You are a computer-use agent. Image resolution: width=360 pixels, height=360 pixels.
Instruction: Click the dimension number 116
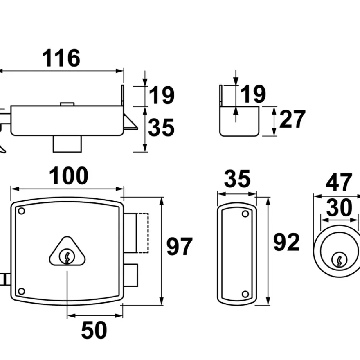[61, 58]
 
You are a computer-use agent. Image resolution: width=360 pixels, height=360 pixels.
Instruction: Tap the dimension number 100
[69, 176]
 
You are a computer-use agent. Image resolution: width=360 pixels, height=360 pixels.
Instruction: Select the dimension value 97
[180, 247]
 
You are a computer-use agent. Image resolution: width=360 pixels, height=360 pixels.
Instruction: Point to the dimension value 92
[286, 242]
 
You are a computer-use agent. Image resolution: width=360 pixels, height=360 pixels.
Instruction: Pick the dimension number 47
[339, 182]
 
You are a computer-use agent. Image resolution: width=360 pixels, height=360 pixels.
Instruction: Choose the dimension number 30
[339, 208]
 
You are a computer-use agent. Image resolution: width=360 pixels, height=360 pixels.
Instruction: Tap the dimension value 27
[292, 119]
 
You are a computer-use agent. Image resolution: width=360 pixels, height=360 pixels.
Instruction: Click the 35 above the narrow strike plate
[237, 179]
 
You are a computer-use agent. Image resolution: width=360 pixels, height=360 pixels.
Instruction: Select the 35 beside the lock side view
[161, 128]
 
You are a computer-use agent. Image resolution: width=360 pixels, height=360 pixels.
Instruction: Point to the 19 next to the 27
[253, 94]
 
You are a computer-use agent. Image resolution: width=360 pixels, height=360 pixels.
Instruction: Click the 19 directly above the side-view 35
[162, 95]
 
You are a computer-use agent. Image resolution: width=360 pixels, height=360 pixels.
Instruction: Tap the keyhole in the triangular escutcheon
[67, 256]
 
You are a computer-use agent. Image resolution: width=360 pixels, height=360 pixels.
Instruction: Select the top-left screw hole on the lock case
[22, 211]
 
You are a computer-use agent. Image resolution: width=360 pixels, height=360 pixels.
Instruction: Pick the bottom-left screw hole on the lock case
[22, 291]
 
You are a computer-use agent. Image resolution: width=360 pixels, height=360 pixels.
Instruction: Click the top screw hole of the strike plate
[245, 214]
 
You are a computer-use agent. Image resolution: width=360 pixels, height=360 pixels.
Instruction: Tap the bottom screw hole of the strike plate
[245, 294]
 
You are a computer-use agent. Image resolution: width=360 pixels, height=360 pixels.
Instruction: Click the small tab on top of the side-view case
[67, 104]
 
